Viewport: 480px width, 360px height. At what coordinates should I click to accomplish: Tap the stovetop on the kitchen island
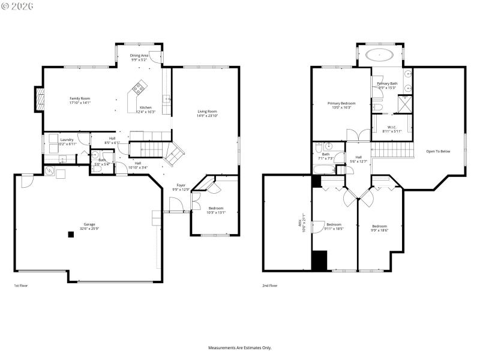coord(139,89)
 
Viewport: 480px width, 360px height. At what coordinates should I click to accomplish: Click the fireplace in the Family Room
coord(40,100)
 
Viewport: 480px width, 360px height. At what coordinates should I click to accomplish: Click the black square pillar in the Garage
coord(71,235)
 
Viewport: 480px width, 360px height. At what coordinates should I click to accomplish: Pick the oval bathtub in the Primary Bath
coord(380,56)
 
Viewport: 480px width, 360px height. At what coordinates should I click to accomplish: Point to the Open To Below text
coord(438,151)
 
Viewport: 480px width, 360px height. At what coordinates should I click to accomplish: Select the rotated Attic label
coord(302,224)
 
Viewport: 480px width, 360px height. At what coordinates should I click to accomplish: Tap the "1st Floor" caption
coord(20,286)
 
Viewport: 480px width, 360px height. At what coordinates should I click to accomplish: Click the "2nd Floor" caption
coord(270,286)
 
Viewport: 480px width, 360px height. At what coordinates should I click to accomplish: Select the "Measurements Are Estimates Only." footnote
coord(240,348)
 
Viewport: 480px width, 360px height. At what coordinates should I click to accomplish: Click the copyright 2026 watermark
coord(18,5)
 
